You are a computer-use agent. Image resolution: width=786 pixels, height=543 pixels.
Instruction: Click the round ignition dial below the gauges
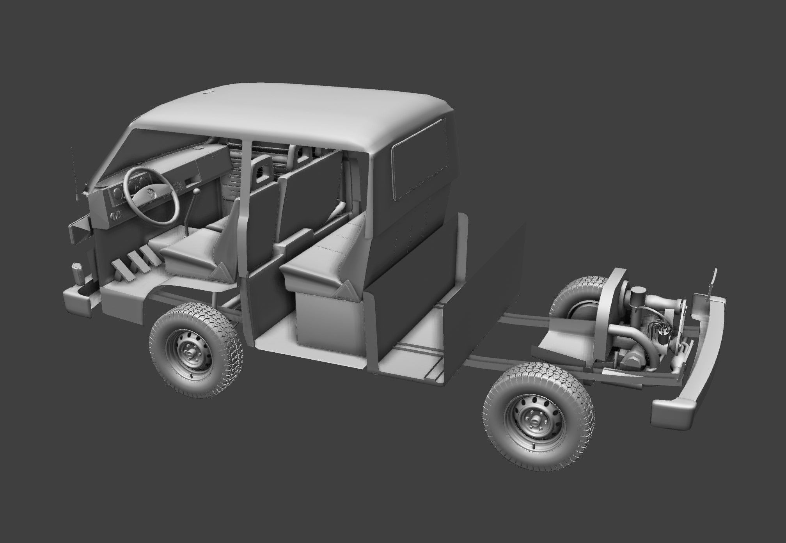point(115,216)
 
